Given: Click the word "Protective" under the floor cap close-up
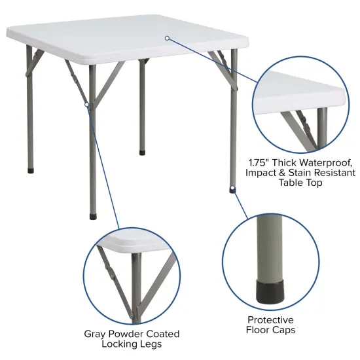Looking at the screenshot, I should [271, 319].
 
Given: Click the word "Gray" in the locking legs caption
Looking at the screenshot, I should [96, 333].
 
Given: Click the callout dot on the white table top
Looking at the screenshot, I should [168, 38].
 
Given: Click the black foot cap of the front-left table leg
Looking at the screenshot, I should [93, 213].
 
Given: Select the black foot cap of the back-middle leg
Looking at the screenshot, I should [142, 153].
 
